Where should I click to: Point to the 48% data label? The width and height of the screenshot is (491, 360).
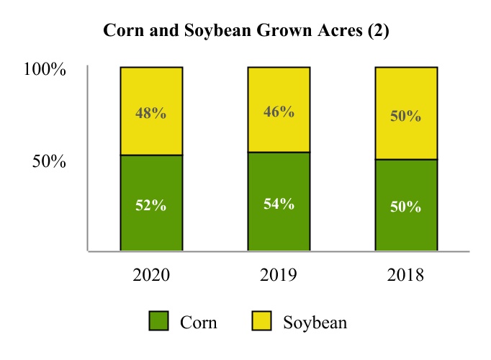click(151, 114)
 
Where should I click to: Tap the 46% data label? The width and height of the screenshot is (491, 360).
click(279, 112)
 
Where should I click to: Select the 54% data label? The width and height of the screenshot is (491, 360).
click(279, 203)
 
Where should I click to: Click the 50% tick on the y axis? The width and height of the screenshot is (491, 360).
click(50, 161)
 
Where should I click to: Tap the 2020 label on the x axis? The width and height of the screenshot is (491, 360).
click(151, 275)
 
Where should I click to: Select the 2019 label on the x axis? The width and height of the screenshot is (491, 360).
click(279, 275)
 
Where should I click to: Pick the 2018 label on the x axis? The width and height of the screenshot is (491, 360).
click(406, 275)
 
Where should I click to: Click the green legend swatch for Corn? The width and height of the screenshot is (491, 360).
click(158, 321)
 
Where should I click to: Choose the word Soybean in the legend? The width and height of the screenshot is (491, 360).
click(315, 322)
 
